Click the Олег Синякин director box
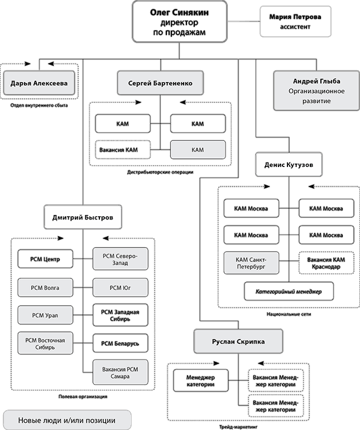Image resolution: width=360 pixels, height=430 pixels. click(x=180, y=22)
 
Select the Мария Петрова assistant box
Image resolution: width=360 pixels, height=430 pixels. click(x=295, y=22)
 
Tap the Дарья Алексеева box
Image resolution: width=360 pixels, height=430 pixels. click(x=39, y=83)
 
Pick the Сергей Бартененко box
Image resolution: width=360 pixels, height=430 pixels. click(x=160, y=83)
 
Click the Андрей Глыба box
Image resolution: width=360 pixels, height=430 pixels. click(x=316, y=91)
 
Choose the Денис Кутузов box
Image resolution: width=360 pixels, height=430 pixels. click(x=289, y=165)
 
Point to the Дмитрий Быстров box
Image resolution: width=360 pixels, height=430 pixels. click(x=83, y=217)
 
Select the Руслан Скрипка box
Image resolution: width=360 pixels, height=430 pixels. click(x=238, y=341)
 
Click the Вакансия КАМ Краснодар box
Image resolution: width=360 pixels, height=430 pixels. click(x=326, y=263)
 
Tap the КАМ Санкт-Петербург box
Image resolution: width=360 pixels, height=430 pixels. click(x=251, y=263)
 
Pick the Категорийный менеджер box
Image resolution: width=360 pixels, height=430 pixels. click(x=289, y=292)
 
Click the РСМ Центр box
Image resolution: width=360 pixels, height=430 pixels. click(x=45, y=259)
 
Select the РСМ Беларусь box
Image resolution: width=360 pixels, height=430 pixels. click(x=120, y=343)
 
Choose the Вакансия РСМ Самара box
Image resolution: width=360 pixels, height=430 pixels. click(x=120, y=372)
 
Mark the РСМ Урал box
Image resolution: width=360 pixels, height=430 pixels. click(x=45, y=315)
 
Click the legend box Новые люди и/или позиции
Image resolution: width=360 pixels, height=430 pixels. click(x=67, y=420)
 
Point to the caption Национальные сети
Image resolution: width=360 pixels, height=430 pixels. click(x=289, y=314)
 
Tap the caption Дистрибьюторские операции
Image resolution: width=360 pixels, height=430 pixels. click(x=160, y=172)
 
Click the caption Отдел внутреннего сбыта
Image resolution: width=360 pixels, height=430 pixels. click(x=39, y=106)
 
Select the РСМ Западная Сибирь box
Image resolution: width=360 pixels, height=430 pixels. click(x=120, y=315)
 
